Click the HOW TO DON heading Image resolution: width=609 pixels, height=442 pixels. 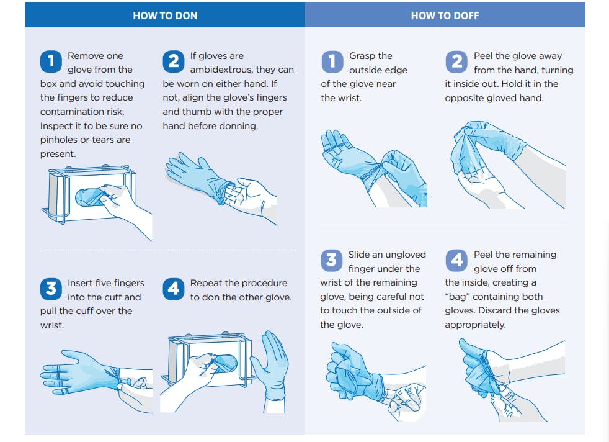165,16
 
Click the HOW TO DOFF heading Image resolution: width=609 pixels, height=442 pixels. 445,16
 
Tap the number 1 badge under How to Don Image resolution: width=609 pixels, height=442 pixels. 50,61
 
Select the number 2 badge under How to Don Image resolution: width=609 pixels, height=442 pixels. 173,61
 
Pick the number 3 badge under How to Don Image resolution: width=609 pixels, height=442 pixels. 50,289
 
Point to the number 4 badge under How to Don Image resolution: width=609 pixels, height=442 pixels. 173,289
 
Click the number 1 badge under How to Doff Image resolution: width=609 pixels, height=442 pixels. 332,61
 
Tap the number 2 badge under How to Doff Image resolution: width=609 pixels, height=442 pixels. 456,61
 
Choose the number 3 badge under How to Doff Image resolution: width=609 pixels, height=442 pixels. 332,260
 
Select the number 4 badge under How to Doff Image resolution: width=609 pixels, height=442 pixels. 456,260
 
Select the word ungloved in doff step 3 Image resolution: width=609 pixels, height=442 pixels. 405,255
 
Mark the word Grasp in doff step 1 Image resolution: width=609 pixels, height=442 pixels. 362,56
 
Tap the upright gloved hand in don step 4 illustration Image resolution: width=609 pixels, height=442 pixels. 270,366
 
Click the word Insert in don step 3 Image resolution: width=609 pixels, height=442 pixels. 81,283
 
